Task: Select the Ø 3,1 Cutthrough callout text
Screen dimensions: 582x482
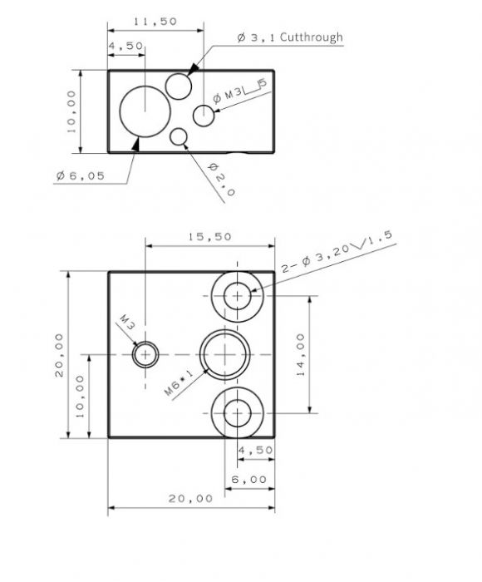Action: [x=289, y=37]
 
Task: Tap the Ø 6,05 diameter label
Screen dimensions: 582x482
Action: [x=81, y=175]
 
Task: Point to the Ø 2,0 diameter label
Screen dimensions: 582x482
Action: [x=219, y=177]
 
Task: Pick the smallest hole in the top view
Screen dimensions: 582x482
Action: [x=178, y=136]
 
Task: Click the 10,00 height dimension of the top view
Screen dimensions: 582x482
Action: [x=71, y=112]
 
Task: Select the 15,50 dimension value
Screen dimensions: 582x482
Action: [x=209, y=237]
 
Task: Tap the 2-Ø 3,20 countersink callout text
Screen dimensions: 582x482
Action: [x=337, y=254]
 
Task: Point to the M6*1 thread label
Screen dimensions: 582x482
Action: [x=178, y=383]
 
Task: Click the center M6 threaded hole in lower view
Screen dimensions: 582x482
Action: [x=224, y=355]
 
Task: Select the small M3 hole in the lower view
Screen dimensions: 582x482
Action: [x=146, y=355]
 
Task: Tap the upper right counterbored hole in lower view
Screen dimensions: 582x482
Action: [x=238, y=296]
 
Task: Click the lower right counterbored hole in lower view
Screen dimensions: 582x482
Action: [x=238, y=413]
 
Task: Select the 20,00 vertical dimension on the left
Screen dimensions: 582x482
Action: [x=59, y=355]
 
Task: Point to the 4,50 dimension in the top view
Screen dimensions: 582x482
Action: [x=126, y=47]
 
